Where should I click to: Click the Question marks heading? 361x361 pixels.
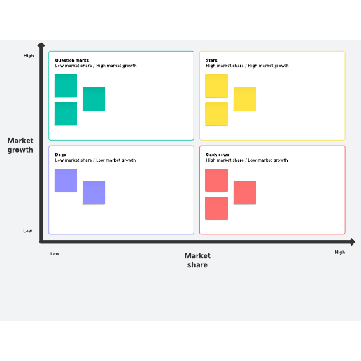pos(72,60)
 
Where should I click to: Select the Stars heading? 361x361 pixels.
pos(211,60)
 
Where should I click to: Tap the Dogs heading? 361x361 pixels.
pos(60,155)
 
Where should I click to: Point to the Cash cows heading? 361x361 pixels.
pos(218,155)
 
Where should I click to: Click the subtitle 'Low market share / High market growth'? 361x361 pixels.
pos(96,66)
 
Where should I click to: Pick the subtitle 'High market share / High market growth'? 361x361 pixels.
pos(247,66)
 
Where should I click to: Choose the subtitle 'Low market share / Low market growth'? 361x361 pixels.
pos(95,160)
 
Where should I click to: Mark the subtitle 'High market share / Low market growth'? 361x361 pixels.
pos(247,160)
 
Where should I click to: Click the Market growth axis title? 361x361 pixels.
pos(20,145)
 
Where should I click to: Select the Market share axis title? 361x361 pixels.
pos(197,260)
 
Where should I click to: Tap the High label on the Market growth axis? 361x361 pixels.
pos(29,56)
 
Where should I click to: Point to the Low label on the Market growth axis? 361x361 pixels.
pos(28,231)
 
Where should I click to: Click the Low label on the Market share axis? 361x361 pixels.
pos(55,254)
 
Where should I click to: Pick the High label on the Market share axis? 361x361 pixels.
pos(340,253)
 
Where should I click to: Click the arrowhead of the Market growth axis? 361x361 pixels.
pos(41,45)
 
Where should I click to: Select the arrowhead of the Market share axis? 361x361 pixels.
pos(353,242)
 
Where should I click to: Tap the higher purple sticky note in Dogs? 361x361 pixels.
pos(66,180)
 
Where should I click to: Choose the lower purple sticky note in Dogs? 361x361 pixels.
pos(94,193)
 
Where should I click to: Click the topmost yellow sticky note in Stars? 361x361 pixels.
pos(217,86)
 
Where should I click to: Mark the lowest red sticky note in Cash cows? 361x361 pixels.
pos(217,208)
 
